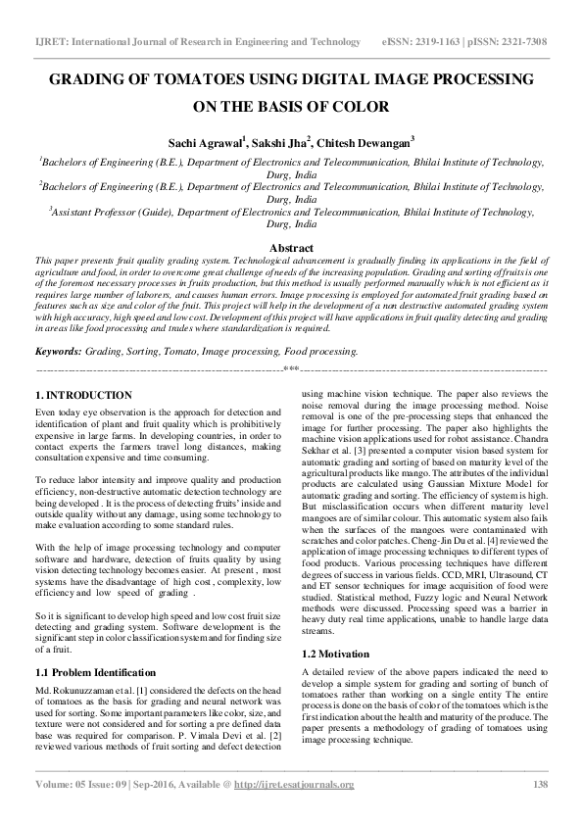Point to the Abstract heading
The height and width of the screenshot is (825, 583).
[x=291, y=248]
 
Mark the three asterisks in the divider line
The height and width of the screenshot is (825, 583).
[x=291, y=369]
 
